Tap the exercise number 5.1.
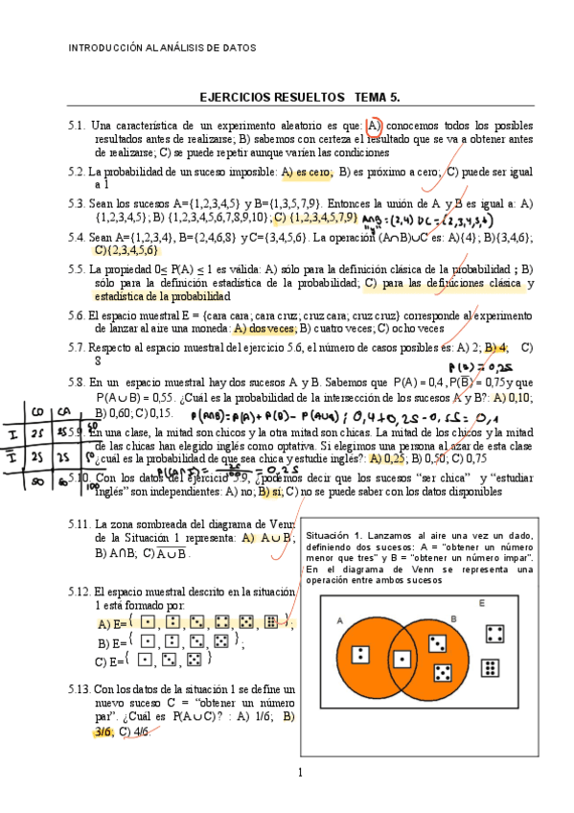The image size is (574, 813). [78, 126]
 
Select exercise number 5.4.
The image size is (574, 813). [78, 237]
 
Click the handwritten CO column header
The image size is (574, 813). [37, 412]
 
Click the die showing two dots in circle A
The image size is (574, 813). [361, 655]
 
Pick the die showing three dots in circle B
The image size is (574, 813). [435, 642]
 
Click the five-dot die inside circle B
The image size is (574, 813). [443, 672]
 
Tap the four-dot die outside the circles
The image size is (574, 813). [495, 634]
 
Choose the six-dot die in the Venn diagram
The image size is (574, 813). [489, 668]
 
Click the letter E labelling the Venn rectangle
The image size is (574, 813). [481, 603]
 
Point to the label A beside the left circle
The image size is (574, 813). [340, 620]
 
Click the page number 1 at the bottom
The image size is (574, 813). [300, 774]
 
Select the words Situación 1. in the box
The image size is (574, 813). [334, 535]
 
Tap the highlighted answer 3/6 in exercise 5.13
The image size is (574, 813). [103, 732]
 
